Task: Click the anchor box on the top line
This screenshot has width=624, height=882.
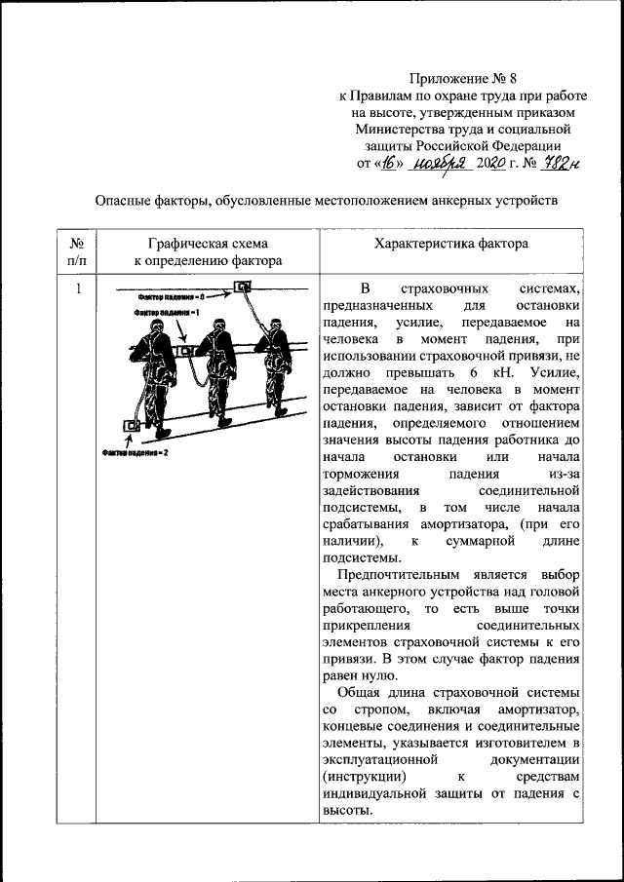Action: [242, 288]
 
